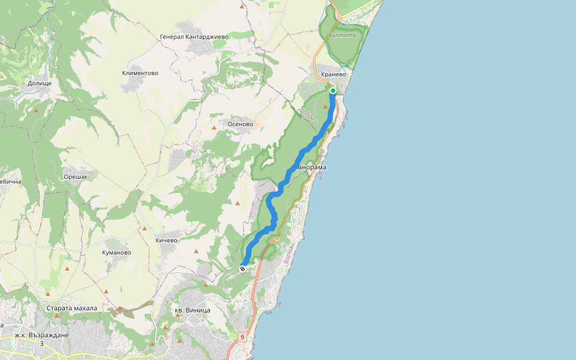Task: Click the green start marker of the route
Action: point(333,91)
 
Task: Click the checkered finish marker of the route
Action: point(242,269)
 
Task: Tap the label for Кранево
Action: point(335,75)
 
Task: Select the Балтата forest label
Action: point(342,35)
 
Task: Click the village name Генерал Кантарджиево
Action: point(194,37)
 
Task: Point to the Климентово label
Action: point(140,73)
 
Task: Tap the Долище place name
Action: point(40,83)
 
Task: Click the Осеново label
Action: point(240,124)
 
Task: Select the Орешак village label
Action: point(76,177)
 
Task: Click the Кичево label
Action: point(166,241)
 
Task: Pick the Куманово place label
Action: point(117,253)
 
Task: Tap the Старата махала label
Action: point(71,308)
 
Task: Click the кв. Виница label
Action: point(192,310)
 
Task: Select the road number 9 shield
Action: point(242,337)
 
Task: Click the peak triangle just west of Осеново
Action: point(214,128)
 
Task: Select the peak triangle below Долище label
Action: point(36,110)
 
